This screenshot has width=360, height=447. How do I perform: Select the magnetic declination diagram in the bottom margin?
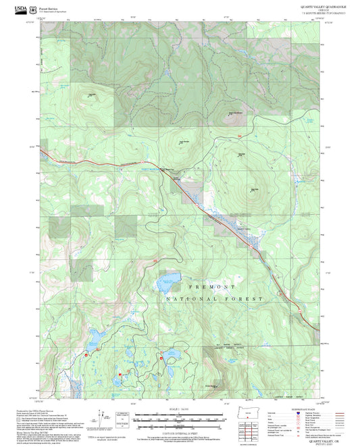click(x=105, y=417)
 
